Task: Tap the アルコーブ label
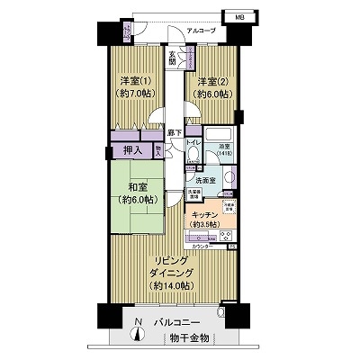point(200,31)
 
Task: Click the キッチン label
point(204,216)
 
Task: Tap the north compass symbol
point(138,332)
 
